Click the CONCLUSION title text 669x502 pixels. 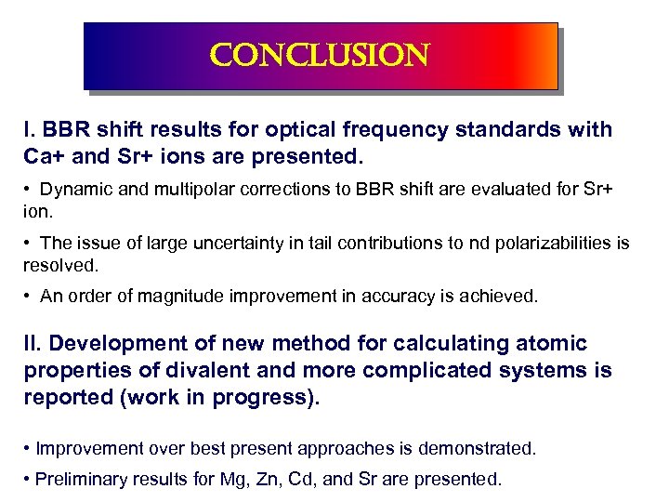[x=320, y=57]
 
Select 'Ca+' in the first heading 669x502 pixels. [x=43, y=152]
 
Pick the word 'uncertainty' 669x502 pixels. [x=235, y=243]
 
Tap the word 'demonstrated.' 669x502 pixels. [x=478, y=448]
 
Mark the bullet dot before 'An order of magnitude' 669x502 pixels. [x=30, y=297]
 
